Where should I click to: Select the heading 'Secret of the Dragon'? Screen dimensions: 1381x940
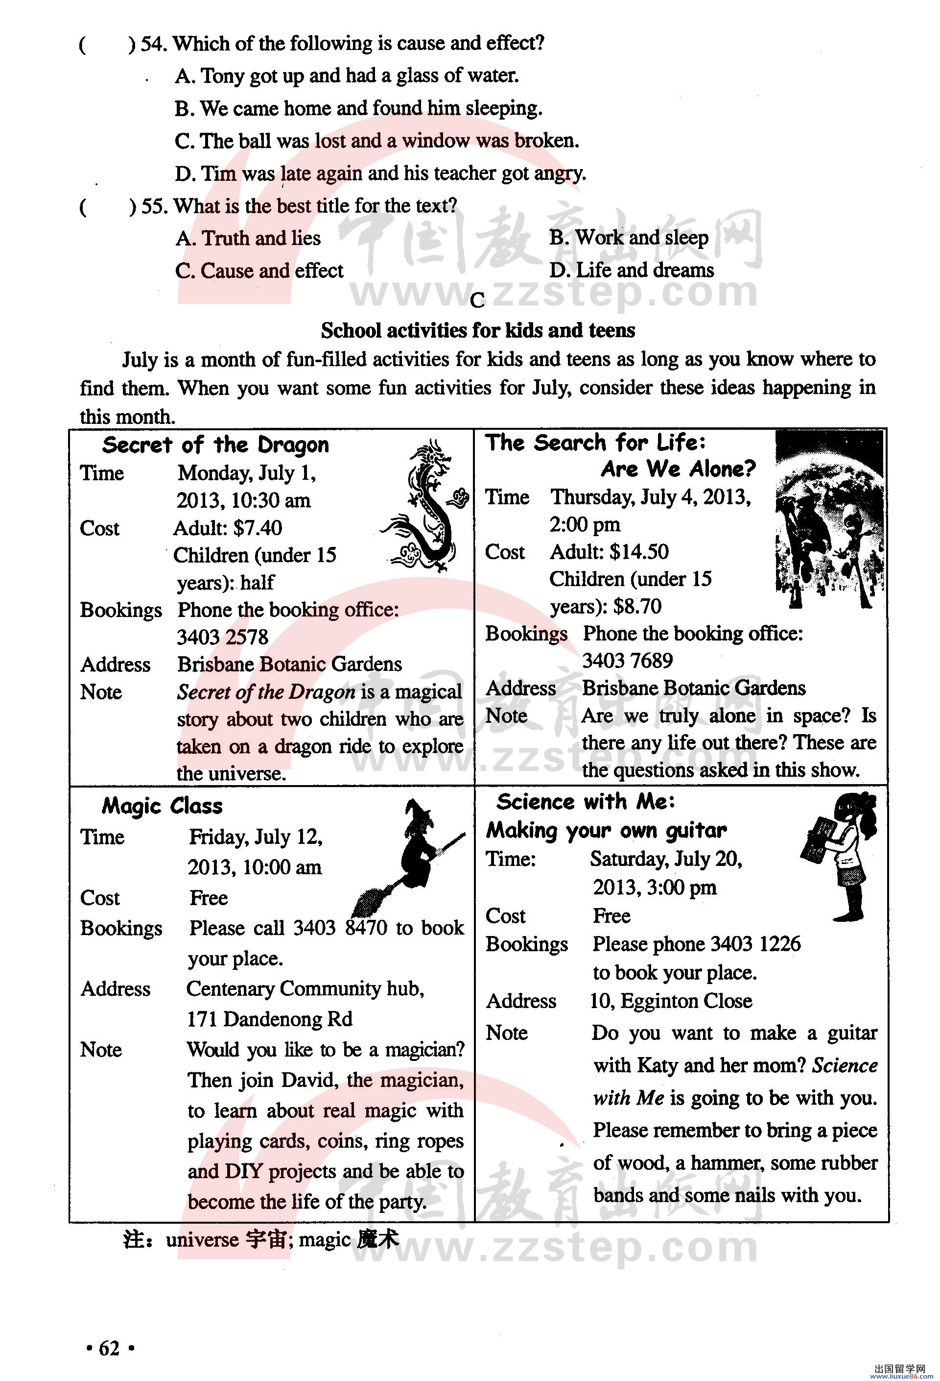coord(215,445)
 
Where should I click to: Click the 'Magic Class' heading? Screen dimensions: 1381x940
coord(162,806)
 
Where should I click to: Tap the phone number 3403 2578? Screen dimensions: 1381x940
coord(223,637)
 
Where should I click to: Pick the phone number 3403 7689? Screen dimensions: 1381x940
coord(627,660)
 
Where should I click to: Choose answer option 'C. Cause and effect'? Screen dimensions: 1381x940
coord(259,271)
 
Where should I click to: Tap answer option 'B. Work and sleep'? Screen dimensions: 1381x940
coord(629,238)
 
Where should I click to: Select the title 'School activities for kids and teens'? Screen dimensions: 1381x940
coord(477,330)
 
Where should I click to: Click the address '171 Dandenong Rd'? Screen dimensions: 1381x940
coord(270,1019)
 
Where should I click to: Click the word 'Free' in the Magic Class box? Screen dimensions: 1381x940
coord(209,897)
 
